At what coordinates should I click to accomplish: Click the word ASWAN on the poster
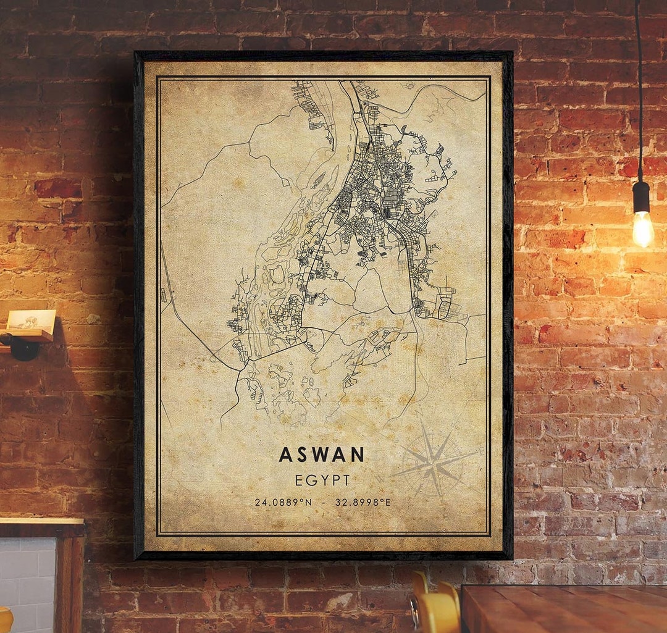click(x=322, y=455)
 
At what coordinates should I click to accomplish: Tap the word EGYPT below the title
click(x=322, y=480)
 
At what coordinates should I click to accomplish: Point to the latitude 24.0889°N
click(x=283, y=502)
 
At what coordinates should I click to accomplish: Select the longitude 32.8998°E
click(x=363, y=502)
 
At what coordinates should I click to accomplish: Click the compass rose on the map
click(x=435, y=460)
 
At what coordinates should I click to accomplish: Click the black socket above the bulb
click(x=641, y=197)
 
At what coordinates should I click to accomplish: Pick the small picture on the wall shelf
click(x=31, y=320)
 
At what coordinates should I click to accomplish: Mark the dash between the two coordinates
click(x=323, y=502)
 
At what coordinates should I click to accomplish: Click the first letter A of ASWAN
click(x=285, y=455)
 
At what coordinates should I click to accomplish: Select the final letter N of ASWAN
click(x=358, y=455)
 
